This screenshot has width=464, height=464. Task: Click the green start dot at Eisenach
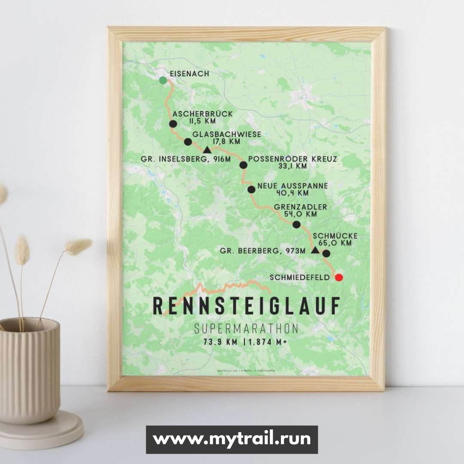(x=163, y=80)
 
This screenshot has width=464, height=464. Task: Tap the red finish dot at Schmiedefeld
(x=339, y=277)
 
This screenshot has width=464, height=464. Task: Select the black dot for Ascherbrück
(x=173, y=124)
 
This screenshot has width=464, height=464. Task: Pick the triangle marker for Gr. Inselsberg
(x=207, y=150)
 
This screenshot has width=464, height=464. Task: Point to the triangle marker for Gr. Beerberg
(x=315, y=250)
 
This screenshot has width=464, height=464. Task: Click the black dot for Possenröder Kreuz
(x=243, y=165)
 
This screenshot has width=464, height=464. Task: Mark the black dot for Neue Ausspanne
(x=251, y=189)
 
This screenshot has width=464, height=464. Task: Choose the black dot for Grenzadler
(x=296, y=224)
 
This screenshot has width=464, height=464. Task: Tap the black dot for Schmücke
(x=326, y=253)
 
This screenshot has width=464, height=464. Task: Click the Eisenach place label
(x=189, y=74)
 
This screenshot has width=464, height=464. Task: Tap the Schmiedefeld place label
(x=300, y=278)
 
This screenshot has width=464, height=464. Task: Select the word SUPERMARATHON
(x=246, y=329)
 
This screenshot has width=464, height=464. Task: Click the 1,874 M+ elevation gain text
(x=270, y=342)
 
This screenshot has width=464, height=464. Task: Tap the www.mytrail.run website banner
(x=232, y=439)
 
